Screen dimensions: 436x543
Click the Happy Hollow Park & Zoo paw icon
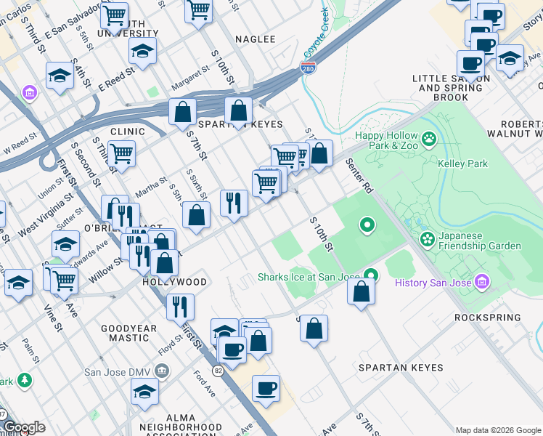pyautogui.click(x=430, y=137)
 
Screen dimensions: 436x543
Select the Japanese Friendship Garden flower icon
pyautogui.click(x=428, y=238)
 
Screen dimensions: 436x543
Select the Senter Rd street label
pyautogui.click(x=359, y=176)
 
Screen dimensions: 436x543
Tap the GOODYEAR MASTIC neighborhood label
pyautogui.click(x=128, y=334)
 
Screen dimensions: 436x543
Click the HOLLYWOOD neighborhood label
pyautogui.click(x=174, y=281)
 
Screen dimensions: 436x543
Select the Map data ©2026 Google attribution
pyautogui.click(x=497, y=430)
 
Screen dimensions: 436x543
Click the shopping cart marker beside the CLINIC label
pyautogui.click(x=122, y=153)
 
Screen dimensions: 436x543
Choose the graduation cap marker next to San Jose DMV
pyautogui.click(x=145, y=391)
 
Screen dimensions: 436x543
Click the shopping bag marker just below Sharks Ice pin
pyautogui.click(x=361, y=292)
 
